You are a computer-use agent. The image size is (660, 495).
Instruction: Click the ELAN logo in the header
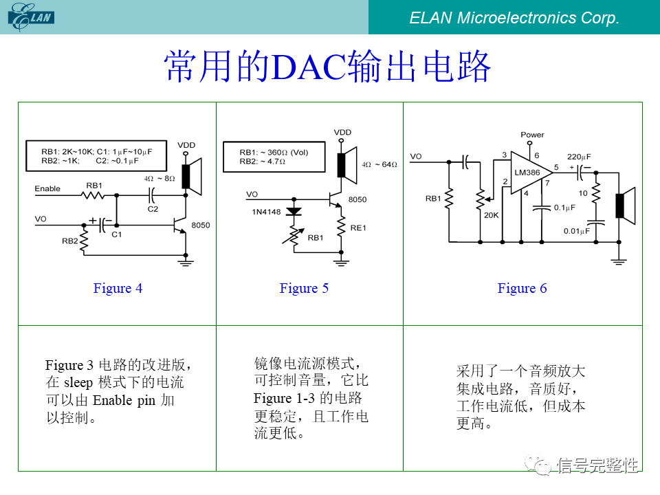click(x=31, y=17)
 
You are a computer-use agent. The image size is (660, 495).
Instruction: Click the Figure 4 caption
click(x=118, y=288)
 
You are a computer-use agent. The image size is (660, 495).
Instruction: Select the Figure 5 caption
click(x=304, y=288)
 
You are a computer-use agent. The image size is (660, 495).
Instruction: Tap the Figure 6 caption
click(x=522, y=288)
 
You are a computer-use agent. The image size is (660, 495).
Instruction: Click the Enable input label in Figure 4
click(x=47, y=188)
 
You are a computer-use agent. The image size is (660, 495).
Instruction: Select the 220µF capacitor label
click(x=579, y=156)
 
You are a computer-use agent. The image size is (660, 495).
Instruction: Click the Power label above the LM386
click(x=532, y=135)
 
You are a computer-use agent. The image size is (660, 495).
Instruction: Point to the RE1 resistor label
click(x=358, y=228)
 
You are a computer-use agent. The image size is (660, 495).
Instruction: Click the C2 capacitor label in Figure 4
click(x=152, y=208)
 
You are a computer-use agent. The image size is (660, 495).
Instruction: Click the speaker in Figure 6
click(x=623, y=206)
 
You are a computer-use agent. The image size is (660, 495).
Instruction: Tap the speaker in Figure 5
click(x=346, y=165)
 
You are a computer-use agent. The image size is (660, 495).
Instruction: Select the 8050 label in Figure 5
click(x=357, y=199)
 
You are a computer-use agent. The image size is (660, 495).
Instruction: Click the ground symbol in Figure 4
click(x=185, y=260)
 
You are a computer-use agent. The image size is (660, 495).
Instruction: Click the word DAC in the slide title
click(x=308, y=67)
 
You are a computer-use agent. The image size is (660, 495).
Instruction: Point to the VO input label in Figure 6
click(x=416, y=157)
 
